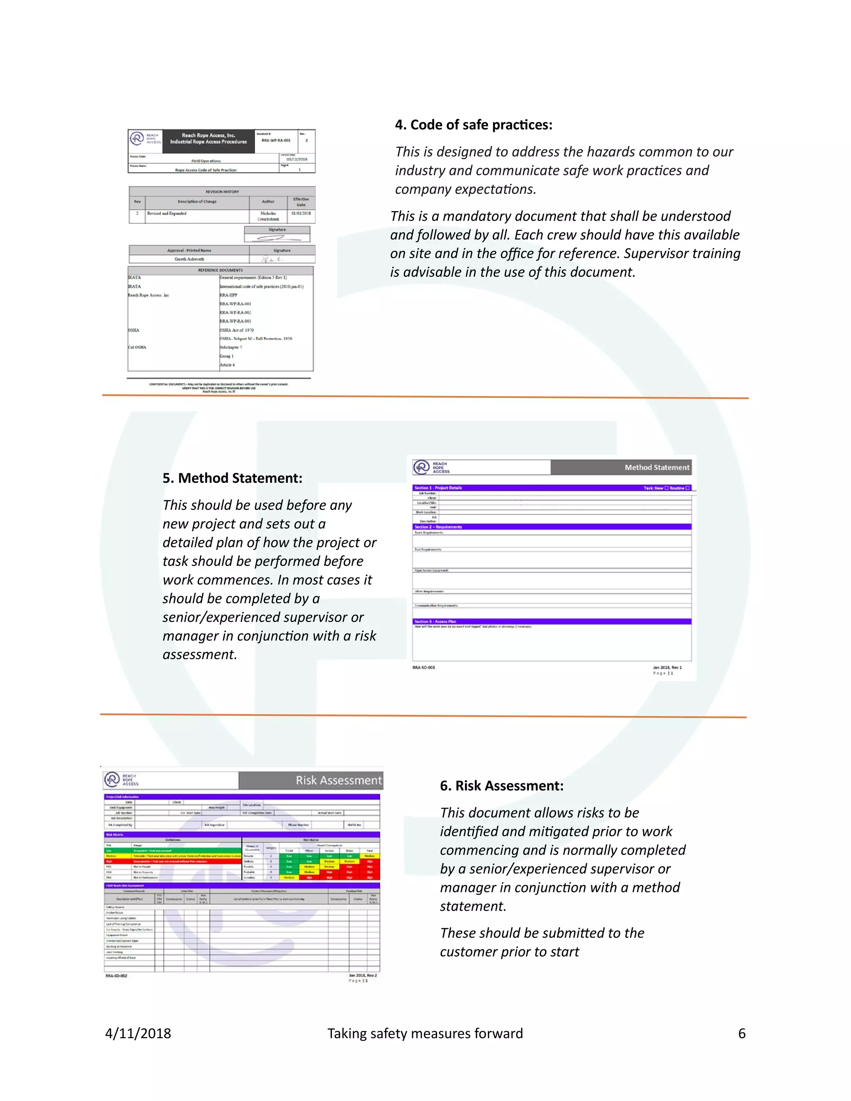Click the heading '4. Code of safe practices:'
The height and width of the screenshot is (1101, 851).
(473, 125)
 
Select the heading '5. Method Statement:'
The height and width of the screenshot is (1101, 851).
(232, 478)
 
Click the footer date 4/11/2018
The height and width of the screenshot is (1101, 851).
(138, 1033)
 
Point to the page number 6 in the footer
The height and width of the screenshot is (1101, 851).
(742, 1033)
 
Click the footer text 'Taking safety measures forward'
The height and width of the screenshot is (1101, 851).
(425, 1033)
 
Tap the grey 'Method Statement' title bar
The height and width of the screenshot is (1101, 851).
(621, 467)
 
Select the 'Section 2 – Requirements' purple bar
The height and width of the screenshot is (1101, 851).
(551, 527)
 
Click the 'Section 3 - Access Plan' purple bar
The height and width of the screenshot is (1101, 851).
(551, 622)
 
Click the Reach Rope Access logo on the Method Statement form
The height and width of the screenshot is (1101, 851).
(431, 467)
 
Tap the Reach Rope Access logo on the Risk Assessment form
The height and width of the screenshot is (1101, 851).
(121, 780)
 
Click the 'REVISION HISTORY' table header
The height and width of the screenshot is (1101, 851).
(222, 192)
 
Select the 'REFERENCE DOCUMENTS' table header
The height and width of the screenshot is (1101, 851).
(220, 270)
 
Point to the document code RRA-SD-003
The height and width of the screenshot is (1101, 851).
(423, 668)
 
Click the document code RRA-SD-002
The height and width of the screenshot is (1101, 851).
(116, 976)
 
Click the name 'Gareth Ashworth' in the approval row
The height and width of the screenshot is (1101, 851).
(189, 259)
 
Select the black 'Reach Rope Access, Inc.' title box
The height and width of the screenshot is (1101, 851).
(208, 139)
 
